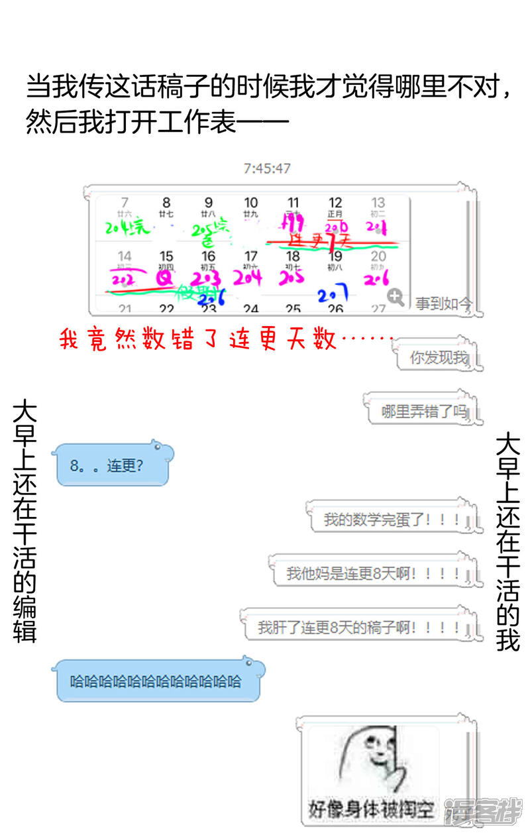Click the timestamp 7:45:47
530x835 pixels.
267,168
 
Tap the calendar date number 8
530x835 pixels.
166,202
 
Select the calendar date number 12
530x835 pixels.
336,202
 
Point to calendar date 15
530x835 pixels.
166,256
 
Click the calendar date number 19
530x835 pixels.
336,256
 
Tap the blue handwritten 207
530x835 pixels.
333,296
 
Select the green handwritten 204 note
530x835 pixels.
127,228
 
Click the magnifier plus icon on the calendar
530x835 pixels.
396,298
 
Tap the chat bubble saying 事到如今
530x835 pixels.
444,304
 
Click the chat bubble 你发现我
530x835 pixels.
438,358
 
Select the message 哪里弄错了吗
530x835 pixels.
423,412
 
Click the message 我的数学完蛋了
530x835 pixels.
392,519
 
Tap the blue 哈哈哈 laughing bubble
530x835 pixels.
156,681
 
